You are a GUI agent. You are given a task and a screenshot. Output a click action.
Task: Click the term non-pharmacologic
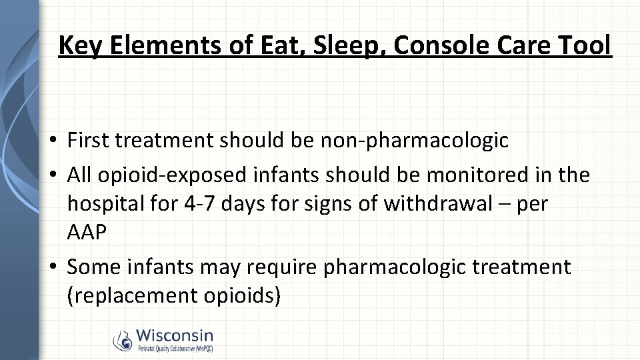coord(415,141)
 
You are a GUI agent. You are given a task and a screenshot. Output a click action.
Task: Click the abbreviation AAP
coord(86,233)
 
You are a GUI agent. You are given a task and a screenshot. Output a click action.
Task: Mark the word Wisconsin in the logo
coord(175,335)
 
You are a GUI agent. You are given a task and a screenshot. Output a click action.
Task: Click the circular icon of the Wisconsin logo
coord(123,341)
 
